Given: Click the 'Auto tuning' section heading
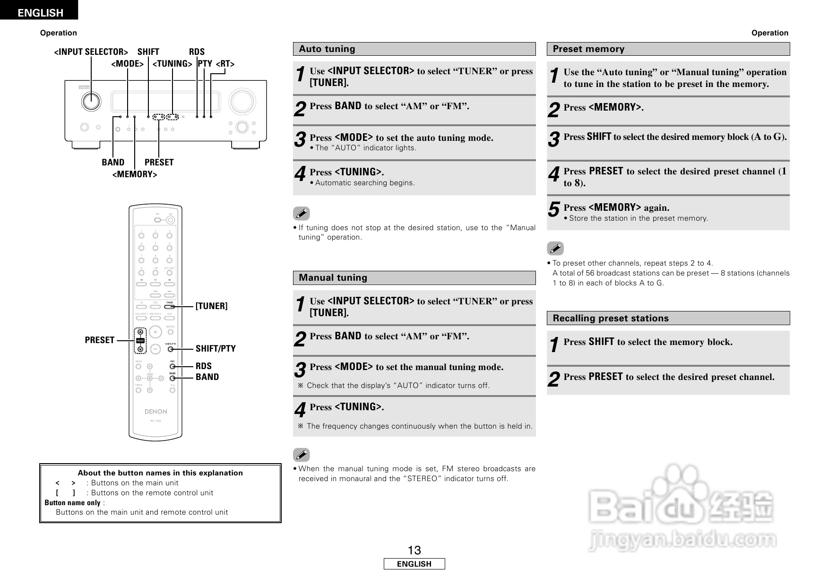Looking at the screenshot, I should (327, 49).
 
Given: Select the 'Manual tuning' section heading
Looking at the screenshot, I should (333, 278).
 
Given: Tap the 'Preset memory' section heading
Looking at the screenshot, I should (588, 49).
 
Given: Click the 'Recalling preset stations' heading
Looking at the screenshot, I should (611, 319).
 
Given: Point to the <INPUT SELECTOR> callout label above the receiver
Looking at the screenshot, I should (91, 52).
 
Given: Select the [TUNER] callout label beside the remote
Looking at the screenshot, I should (211, 306).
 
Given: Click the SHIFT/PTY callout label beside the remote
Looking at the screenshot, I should (216, 349).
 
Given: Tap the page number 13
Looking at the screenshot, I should (414, 551).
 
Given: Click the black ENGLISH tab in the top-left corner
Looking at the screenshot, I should (40, 13).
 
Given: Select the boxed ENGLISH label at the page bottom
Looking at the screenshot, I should (414, 564).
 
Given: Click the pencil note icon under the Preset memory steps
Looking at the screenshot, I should (555, 249).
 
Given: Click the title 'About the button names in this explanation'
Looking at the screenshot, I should (160, 473).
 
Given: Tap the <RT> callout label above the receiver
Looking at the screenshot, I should (225, 64).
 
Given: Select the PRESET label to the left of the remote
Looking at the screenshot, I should (100, 340).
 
